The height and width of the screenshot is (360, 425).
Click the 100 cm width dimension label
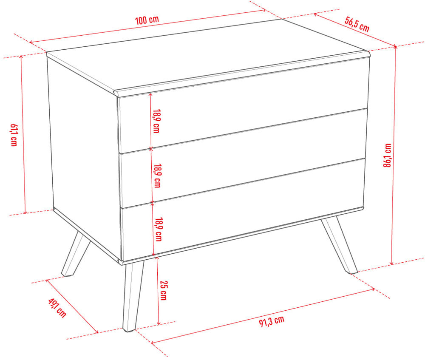[147, 20]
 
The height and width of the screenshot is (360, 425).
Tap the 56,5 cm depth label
[357, 24]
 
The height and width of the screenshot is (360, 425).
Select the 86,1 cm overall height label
[388, 155]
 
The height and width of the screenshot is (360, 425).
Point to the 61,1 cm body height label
[14, 135]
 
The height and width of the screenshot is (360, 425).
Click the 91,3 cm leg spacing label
[272, 321]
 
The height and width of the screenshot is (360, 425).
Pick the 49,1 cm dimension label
[57, 308]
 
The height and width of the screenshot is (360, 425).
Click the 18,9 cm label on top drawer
[156, 121]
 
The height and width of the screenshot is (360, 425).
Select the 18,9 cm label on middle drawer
[158, 176]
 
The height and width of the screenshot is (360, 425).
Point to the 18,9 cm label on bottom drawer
[159, 230]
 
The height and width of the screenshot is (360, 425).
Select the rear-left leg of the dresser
[76, 254]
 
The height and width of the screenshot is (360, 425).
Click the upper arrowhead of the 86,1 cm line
[395, 48]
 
